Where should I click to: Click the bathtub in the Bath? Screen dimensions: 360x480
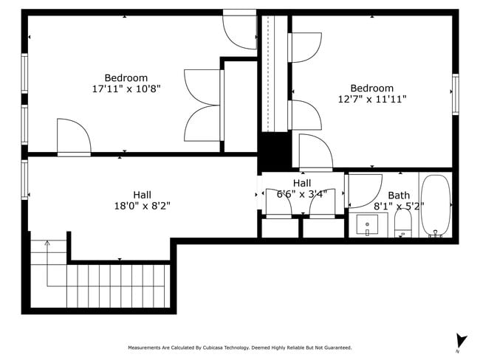click(435, 206)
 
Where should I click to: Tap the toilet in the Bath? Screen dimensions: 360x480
click(403, 224)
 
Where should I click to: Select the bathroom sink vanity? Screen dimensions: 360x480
click(367, 225)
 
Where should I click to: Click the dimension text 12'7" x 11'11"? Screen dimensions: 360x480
click(372, 99)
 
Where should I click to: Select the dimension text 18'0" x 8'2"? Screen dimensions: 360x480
click(142, 206)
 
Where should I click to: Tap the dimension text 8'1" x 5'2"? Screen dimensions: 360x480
click(399, 207)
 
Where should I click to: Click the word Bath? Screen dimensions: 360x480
click(399, 195)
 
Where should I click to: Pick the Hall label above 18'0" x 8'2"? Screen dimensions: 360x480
click(143, 195)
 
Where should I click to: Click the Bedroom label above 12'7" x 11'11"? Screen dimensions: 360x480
click(372, 88)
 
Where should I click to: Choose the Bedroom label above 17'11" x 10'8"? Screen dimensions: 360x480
click(126, 77)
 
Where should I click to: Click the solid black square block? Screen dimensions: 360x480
click(274, 151)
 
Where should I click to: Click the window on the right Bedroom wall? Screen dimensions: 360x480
click(455, 94)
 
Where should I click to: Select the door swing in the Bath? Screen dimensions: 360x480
click(363, 190)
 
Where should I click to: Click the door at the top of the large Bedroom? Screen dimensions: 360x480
click(240, 30)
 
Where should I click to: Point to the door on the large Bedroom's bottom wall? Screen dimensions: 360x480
click(74, 139)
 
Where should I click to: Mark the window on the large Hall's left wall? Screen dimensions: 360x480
click(24, 180)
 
